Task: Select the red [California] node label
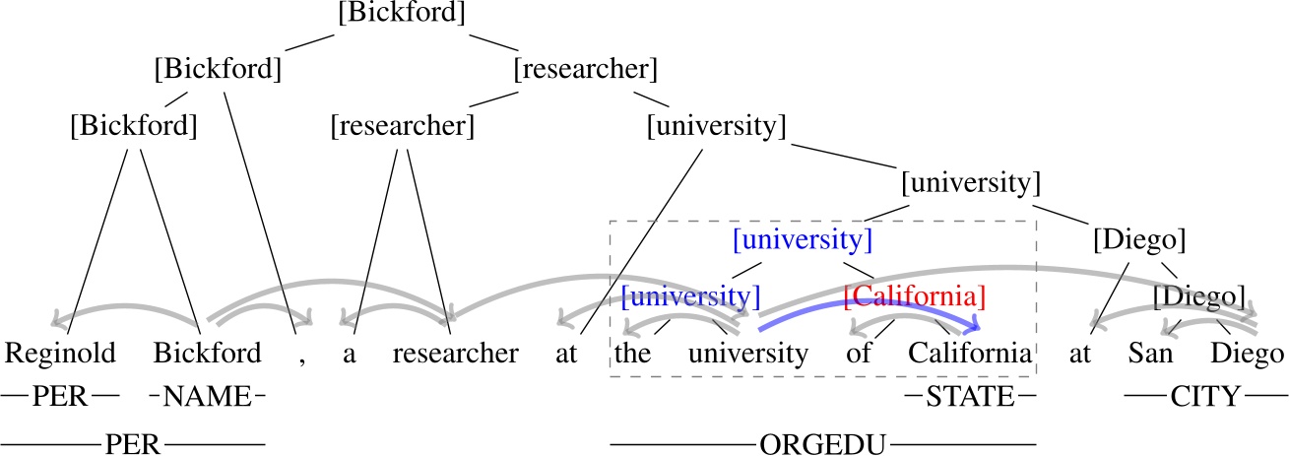click(915, 294)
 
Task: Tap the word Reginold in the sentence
click(61, 353)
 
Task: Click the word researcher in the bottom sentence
click(455, 353)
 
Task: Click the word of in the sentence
click(858, 353)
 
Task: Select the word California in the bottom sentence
click(970, 353)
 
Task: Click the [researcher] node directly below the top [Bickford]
click(585, 70)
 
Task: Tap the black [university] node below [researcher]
click(716, 126)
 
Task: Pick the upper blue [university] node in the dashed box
click(803, 239)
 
